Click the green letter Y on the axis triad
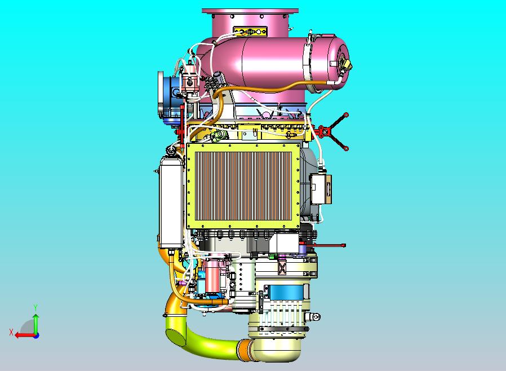click(x=36, y=307)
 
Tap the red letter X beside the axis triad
click(x=11, y=332)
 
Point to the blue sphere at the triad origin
click(x=37, y=335)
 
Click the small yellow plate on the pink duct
click(x=250, y=32)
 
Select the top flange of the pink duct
click(x=250, y=11)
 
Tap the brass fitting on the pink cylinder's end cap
click(x=347, y=64)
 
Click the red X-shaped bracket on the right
click(x=334, y=131)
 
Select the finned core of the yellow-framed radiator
click(x=243, y=186)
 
